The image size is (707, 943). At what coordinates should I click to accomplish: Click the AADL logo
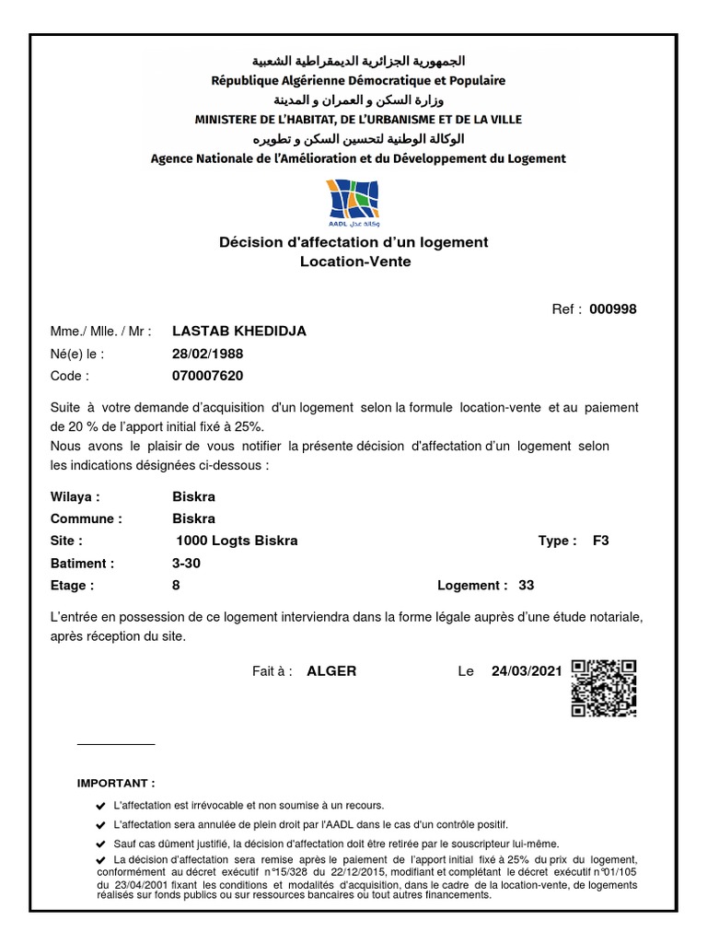(353, 204)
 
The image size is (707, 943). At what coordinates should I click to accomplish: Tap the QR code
(603, 688)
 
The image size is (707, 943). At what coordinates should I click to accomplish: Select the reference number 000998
(612, 309)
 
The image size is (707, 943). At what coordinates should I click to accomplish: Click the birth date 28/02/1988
(208, 354)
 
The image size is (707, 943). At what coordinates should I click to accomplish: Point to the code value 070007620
(208, 376)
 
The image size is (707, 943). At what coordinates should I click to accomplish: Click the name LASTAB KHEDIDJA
(239, 332)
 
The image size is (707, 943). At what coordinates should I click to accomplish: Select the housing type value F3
(601, 541)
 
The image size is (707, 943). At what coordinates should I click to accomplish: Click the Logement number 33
(527, 585)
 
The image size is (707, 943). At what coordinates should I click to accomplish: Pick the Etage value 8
(177, 585)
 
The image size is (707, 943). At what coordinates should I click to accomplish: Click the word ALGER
(331, 671)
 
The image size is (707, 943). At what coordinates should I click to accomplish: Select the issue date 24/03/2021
(526, 671)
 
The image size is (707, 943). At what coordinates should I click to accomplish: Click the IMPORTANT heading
(116, 784)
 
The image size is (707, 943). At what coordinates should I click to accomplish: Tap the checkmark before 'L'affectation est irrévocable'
(100, 806)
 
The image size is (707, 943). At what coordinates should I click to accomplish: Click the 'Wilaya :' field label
(75, 496)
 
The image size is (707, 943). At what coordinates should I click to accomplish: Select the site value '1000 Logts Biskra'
(237, 541)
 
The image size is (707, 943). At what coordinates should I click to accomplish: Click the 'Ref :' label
(566, 309)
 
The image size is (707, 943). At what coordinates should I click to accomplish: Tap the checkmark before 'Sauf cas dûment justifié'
(100, 844)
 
